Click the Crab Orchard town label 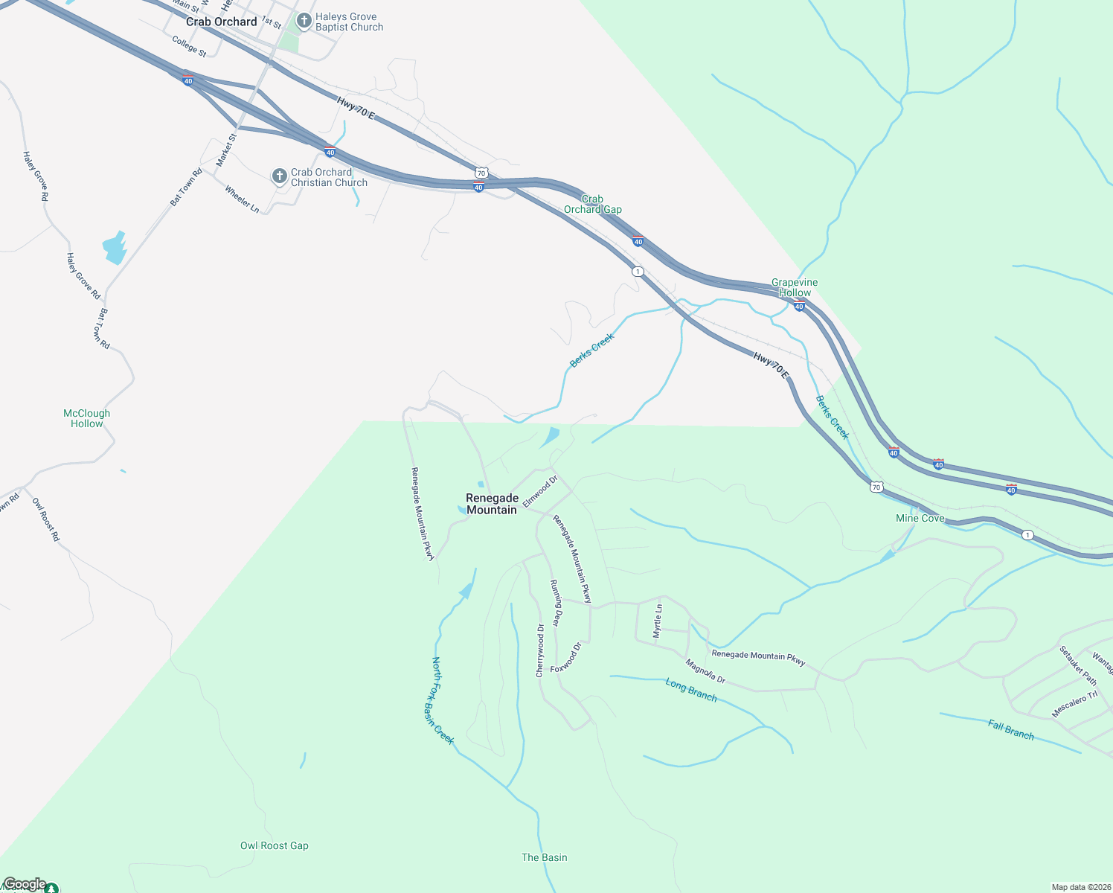tap(221, 22)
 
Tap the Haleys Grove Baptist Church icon tap(304, 22)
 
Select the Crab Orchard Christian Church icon tap(280, 176)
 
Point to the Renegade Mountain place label tap(491, 504)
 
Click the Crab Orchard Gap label tap(592, 204)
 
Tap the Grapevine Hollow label tap(795, 287)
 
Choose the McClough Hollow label tap(86, 418)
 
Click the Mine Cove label tap(920, 518)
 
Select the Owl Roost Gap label tap(274, 845)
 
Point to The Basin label tap(544, 857)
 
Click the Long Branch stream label tap(691, 690)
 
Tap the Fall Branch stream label tap(1010, 729)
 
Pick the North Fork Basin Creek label tap(442, 700)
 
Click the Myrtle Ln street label tap(657, 621)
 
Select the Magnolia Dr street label tap(705, 671)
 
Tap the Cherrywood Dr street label tap(540, 650)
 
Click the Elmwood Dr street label tap(539, 492)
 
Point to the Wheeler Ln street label tap(242, 199)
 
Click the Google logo tap(25, 884)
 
